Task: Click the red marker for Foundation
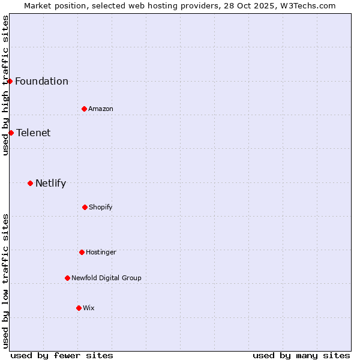[x=10, y=81]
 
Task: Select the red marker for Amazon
[x=84, y=109]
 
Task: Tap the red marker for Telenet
[x=11, y=133]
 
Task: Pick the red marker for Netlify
[x=30, y=183]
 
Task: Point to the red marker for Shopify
[x=85, y=207]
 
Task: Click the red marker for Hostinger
[x=82, y=252]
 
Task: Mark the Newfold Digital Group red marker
[x=67, y=278]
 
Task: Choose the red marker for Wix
[x=79, y=308]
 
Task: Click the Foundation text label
[x=41, y=82]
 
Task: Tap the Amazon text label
[x=101, y=109]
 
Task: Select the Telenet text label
[x=34, y=133]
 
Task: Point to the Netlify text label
[x=50, y=184]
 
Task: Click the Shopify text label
[x=101, y=208]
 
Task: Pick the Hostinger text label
[x=101, y=253]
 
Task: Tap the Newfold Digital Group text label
[x=106, y=278]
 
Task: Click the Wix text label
[x=89, y=308]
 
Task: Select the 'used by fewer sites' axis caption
[x=62, y=355]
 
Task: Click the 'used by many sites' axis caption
[x=301, y=355]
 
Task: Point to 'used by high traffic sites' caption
[x=5, y=85]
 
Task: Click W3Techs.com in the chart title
[x=307, y=5]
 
